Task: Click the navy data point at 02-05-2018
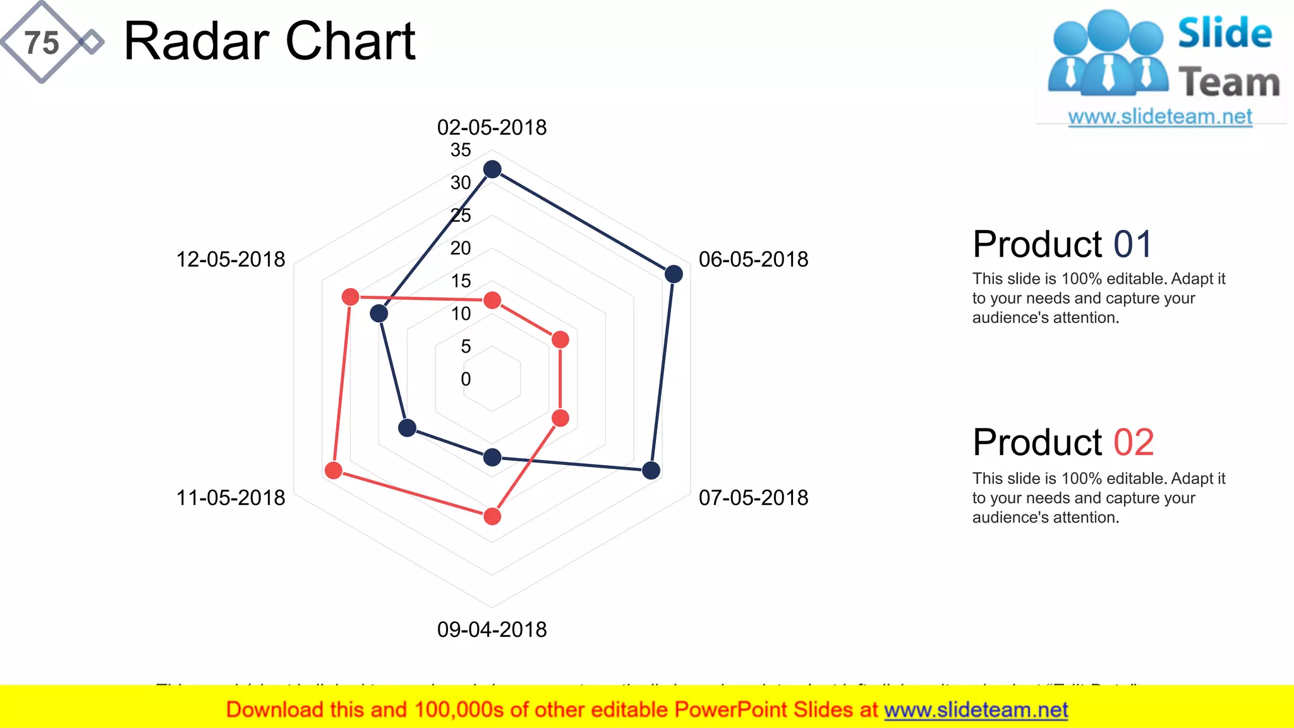(x=492, y=169)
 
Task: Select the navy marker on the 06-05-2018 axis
(x=674, y=274)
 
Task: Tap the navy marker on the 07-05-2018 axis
(x=651, y=470)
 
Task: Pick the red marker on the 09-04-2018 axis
(x=492, y=516)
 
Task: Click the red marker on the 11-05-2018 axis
(x=334, y=470)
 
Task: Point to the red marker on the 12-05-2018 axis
(x=351, y=297)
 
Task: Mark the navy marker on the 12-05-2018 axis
(x=379, y=313)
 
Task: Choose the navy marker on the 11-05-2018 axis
(x=408, y=428)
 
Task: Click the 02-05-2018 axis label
(x=492, y=127)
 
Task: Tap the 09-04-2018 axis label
(x=492, y=629)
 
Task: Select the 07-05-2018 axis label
(x=753, y=497)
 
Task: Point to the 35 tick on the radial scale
(x=461, y=150)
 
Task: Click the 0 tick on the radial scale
(x=466, y=379)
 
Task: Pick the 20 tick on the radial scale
(x=461, y=248)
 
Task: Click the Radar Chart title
(x=269, y=42)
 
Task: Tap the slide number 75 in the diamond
(x=42, y=43)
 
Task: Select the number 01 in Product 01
(x=1133, y=245)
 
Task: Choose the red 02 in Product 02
(x=1134, y=442)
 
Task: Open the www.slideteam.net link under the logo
(x=1160, y=117)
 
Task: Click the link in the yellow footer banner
(x=976, y=710)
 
